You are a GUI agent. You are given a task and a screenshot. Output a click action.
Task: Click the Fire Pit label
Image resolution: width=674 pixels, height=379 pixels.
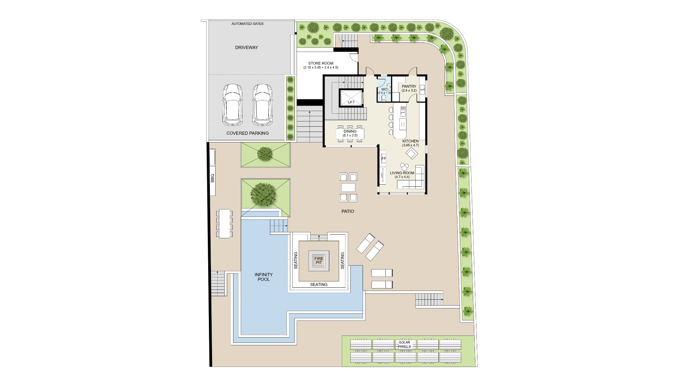[319, 260]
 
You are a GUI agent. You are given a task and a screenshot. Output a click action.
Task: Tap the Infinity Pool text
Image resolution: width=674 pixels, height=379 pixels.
[264, 277]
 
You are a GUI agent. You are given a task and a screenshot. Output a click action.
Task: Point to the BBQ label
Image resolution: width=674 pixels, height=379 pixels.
[212, 178]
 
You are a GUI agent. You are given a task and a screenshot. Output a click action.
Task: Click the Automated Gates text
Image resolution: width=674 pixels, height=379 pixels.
[247, 24]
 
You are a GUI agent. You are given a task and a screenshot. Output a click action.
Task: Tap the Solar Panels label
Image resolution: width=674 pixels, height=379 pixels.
[404, 344]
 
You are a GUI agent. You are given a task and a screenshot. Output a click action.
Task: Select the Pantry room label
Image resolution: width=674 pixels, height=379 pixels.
[409, 88]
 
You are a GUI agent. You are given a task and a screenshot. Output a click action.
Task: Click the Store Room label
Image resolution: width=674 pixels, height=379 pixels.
[321, 65]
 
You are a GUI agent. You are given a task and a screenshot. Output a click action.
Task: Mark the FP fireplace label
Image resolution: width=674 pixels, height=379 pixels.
[384, 159]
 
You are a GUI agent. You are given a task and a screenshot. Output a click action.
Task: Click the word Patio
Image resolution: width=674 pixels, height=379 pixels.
[348, 211]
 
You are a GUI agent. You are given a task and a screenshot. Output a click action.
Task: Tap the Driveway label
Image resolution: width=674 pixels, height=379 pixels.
[246, 47]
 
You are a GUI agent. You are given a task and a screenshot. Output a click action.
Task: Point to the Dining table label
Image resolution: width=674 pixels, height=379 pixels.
[350, 133]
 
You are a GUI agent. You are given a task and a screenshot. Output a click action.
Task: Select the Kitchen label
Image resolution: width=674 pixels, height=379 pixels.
[410, 143]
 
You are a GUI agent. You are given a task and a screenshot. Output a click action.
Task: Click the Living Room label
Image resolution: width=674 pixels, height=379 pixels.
[402, 175]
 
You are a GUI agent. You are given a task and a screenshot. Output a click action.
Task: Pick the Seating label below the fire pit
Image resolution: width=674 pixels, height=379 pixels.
[319, 285]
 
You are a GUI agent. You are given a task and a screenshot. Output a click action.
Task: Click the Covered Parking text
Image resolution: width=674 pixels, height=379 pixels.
[247, 133]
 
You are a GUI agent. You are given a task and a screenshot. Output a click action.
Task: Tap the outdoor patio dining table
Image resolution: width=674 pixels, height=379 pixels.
[348, 187]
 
